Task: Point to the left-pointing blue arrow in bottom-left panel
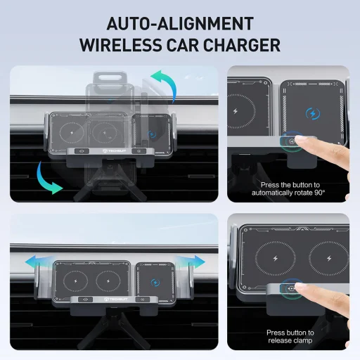[x=32, y=262]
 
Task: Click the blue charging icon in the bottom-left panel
[x=154, y=285]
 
